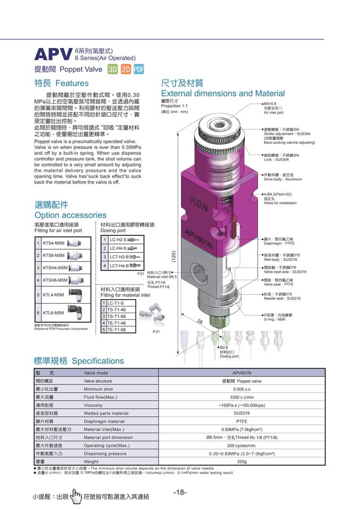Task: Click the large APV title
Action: click(54, 55)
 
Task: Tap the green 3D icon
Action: click(113, 69)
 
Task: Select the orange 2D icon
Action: click(126, 69)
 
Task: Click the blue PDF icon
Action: click(139, 69)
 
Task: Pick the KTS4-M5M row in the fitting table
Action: click(54, 243)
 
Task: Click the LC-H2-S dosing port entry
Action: click(119, 240)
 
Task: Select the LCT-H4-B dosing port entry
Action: click(120, 265)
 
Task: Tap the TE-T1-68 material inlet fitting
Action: click(117, 328)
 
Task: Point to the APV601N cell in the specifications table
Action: click(242, 373)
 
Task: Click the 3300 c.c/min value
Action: click(242, 397)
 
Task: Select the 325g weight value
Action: click(242, 461)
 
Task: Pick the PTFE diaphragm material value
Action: click(242, 421)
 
